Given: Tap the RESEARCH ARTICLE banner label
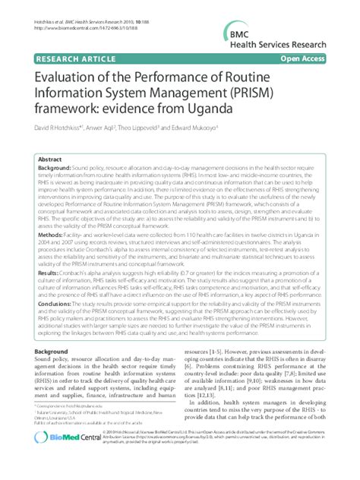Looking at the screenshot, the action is (62, 56).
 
